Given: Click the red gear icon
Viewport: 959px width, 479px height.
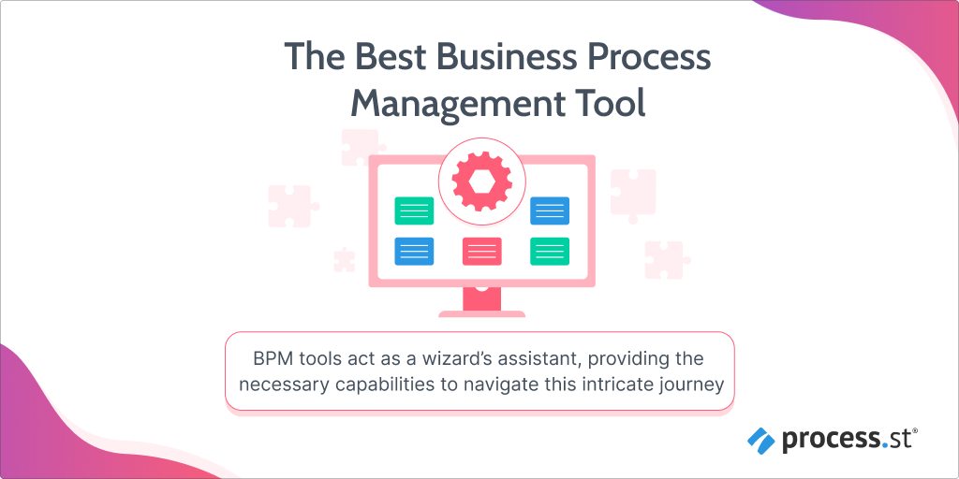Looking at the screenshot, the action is pos(482,181).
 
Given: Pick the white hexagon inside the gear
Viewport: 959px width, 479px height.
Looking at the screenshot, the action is pos(482,181).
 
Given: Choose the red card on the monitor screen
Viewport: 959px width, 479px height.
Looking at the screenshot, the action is pos(482,251).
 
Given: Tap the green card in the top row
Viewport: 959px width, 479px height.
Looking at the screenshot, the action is pos(414,210).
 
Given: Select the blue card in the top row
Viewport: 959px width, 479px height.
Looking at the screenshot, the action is pos(550,210).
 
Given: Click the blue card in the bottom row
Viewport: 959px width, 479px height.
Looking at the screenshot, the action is pos(414,251).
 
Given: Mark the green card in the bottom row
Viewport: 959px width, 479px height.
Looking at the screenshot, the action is pos(550,251).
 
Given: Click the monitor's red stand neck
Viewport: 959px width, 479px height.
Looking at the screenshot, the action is pos(482,298).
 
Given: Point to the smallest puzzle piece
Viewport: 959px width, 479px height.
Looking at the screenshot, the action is pos(345,259).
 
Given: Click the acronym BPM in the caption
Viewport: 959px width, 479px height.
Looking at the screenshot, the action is pos(269,358).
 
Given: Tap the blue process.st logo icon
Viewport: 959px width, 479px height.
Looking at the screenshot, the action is pos(760,441).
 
